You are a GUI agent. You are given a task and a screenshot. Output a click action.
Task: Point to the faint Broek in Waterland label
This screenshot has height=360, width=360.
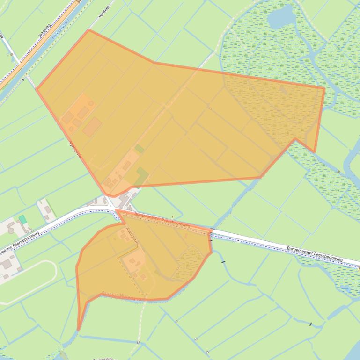click(121, 295)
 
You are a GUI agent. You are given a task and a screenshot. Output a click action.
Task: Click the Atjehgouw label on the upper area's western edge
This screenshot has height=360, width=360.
click(75, 149)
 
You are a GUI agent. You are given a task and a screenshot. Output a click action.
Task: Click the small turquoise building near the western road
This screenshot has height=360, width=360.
click(22, 219)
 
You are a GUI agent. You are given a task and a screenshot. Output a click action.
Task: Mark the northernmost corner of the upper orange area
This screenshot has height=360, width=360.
click(89, 30)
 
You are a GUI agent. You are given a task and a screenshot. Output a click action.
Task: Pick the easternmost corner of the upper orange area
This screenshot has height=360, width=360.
click(324, 87)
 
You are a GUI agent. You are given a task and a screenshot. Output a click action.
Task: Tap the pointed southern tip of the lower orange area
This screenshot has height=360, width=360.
click(78, 330)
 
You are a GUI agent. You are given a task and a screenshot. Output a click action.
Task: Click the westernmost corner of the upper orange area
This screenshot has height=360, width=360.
click(37, 88)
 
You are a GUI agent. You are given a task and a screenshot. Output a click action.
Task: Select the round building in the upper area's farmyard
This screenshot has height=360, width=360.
click(91, 103)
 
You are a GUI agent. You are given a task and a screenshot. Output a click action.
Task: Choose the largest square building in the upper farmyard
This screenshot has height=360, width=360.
click(92, 126)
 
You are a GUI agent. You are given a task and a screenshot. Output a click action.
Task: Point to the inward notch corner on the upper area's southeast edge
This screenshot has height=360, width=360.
click(295, 138)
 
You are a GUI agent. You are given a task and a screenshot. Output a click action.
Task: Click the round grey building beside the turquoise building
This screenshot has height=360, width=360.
click(11, 230)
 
